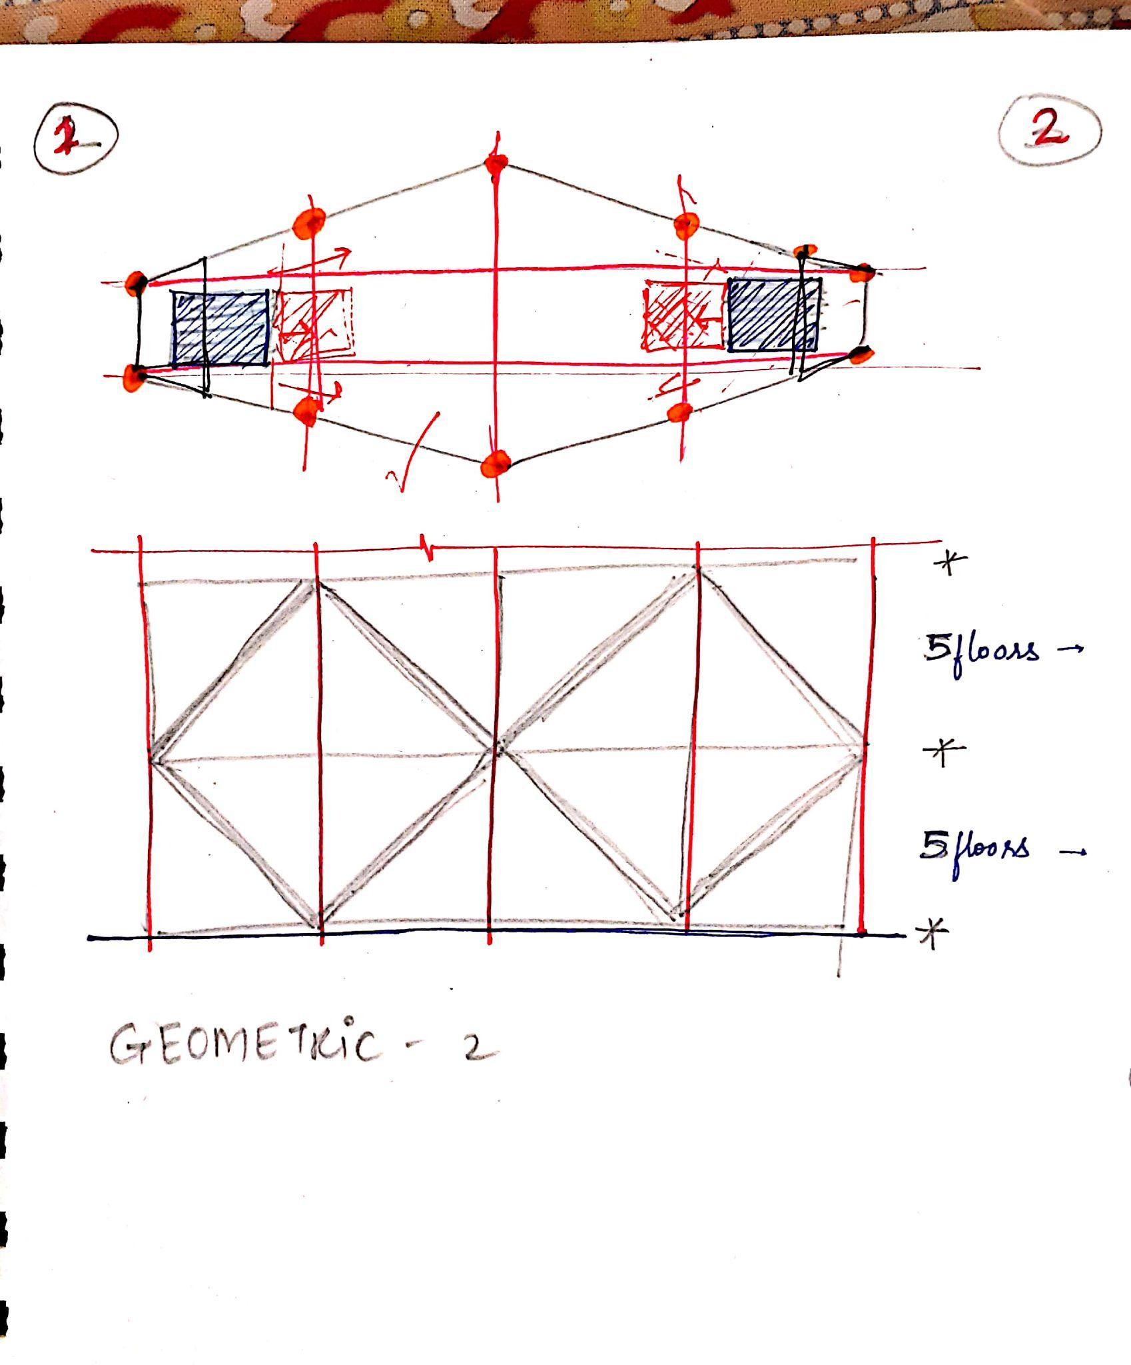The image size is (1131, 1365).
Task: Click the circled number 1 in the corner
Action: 75,138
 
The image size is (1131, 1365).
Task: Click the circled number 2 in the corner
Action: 1050,130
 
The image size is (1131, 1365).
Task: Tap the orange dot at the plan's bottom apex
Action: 496,463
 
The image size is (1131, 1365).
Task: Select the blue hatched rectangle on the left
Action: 220,328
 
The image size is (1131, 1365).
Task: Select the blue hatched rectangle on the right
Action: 773,315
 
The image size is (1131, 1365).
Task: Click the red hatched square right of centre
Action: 684,315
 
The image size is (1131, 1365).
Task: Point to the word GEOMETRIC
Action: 246,1045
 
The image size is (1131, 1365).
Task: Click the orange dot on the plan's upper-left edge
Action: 310,221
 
